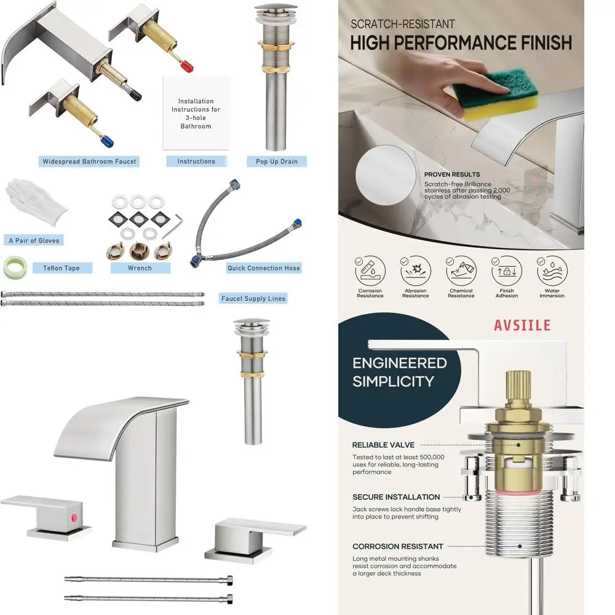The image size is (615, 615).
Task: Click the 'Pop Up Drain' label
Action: pos(277,162)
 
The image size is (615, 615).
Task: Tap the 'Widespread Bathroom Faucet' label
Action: pos(89,162)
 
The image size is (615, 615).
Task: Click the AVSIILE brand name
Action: pos(522,325)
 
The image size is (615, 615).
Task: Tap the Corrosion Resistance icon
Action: pos(370,269)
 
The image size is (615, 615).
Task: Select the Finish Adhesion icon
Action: pos(506,269)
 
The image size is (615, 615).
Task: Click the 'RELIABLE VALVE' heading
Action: pos(383,445)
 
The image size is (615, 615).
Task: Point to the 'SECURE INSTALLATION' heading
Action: pos(396,497)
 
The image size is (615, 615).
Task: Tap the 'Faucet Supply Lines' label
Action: pos(253,299)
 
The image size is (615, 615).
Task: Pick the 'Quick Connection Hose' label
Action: pos(264,268)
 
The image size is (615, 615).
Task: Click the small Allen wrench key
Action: pos(177,223)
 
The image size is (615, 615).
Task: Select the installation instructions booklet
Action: pos(196,114)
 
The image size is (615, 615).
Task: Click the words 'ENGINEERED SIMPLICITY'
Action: pos(399,372)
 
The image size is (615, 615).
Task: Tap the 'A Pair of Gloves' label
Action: pos(34,240)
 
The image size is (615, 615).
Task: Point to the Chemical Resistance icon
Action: pos(461,269)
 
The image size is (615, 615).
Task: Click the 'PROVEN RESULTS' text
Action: pos(452,175)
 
